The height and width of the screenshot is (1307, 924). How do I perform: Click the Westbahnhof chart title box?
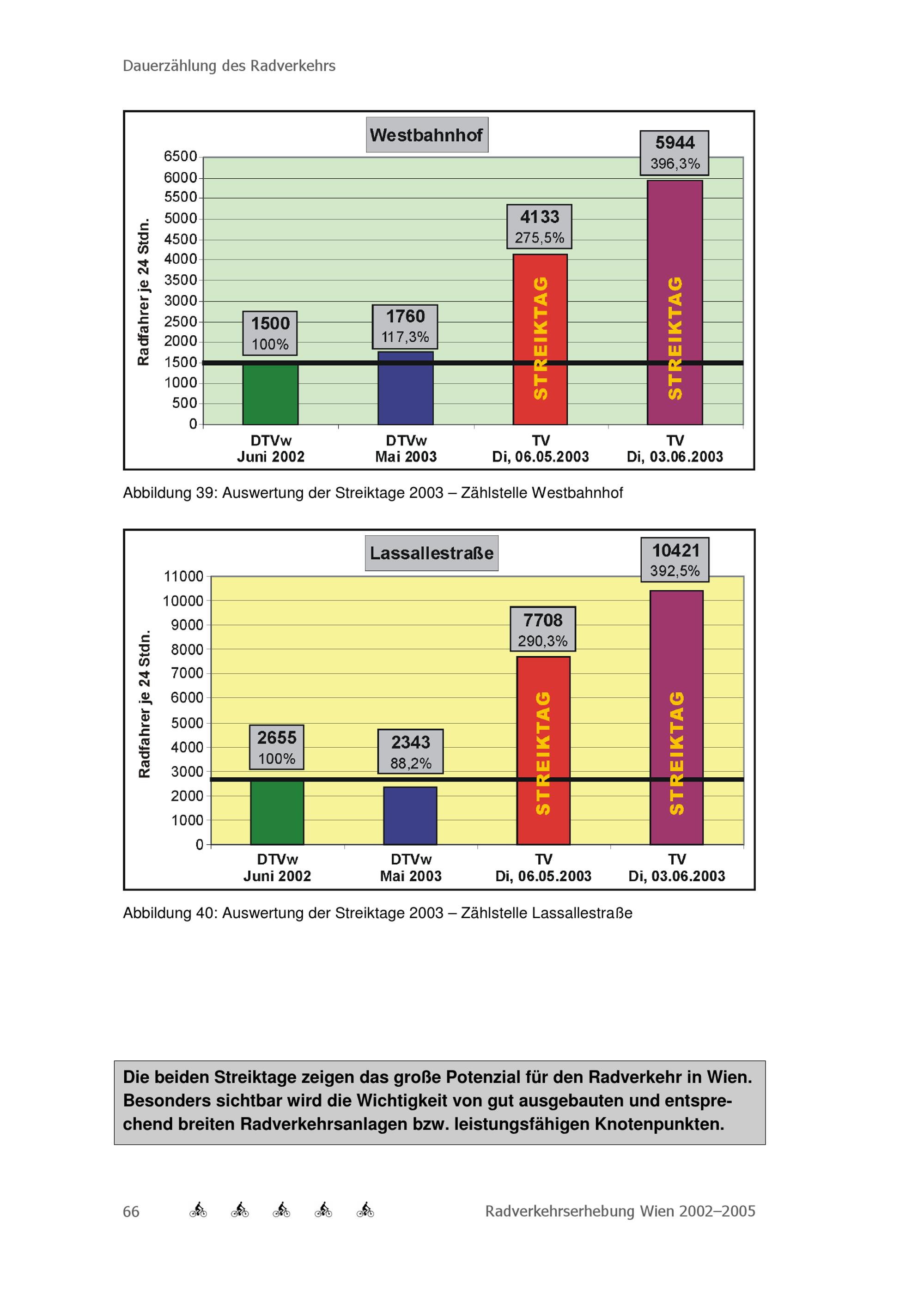point(426,135)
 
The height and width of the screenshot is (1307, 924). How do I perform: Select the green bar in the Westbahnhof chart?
point(270,394)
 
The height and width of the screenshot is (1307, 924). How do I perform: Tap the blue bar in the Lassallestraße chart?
point(410,815)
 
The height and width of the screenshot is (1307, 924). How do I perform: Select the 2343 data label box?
point(410,751)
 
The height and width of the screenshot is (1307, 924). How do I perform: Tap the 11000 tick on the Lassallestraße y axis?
point(183,576)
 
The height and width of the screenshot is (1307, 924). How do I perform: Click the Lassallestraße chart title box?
point(432,553)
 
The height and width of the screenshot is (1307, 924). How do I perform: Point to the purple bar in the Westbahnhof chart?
point(675,302)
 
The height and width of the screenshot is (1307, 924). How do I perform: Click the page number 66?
point(131,1211)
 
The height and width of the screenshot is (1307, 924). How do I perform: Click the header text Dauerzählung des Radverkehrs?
point(229,66)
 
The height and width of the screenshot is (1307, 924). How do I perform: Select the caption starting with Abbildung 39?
point(373,492)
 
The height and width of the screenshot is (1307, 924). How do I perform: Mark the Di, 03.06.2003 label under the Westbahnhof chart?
point(675,457)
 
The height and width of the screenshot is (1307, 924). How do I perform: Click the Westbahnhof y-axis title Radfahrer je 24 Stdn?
point(144,291)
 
